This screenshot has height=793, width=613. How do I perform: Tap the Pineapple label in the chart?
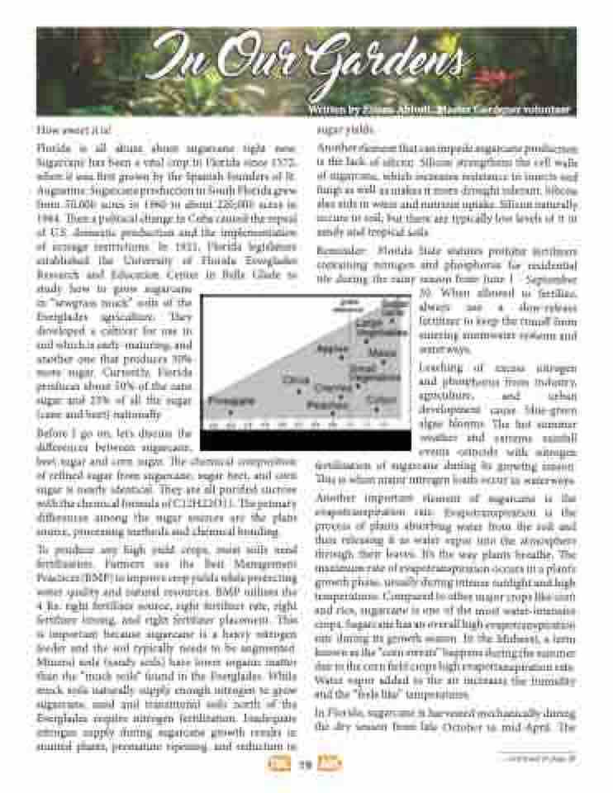(230, 400)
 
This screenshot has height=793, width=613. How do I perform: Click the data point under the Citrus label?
(299, 391)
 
